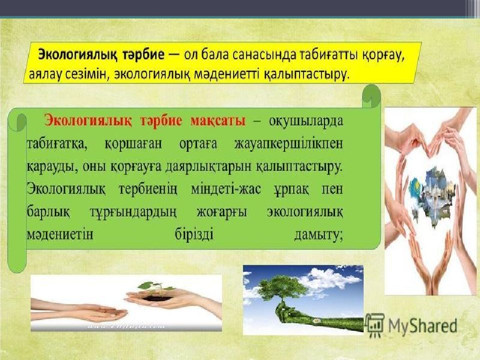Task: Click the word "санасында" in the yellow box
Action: point(264,56)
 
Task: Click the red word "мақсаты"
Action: point(217,120)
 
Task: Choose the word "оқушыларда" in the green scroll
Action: point(306,121)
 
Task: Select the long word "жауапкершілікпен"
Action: point(288,144)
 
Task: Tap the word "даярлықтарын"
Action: point(207,167)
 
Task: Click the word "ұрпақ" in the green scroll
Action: point(291,189)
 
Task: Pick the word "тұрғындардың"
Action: point(133,212)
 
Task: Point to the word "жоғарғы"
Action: point(221,212)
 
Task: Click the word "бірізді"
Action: point(194,235)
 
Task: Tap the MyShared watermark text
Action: point(423,325)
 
